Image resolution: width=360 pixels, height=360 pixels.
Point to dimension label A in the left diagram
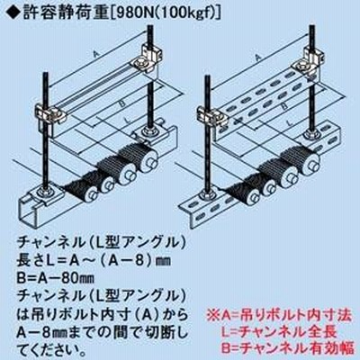point(96,54)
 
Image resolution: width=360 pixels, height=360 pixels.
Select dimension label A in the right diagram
point(258,58)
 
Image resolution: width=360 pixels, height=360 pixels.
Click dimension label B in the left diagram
point(121,103)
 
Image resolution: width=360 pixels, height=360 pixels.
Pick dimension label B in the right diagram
point(284,107)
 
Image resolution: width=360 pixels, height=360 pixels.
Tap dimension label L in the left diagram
point(128,121)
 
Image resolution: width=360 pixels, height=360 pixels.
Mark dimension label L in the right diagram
point(290,122)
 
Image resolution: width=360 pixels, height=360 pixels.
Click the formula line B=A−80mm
point(56,278)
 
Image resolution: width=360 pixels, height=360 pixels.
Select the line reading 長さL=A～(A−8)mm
point(94,261)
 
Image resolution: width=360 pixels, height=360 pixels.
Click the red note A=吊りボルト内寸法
point(279,315)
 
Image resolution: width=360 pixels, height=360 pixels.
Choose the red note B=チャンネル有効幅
point(288,348)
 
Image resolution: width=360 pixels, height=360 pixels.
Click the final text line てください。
point(50,348)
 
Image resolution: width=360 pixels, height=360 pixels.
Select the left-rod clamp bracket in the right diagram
point(211,117)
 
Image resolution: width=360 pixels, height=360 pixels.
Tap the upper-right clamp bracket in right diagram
point(309,62)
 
